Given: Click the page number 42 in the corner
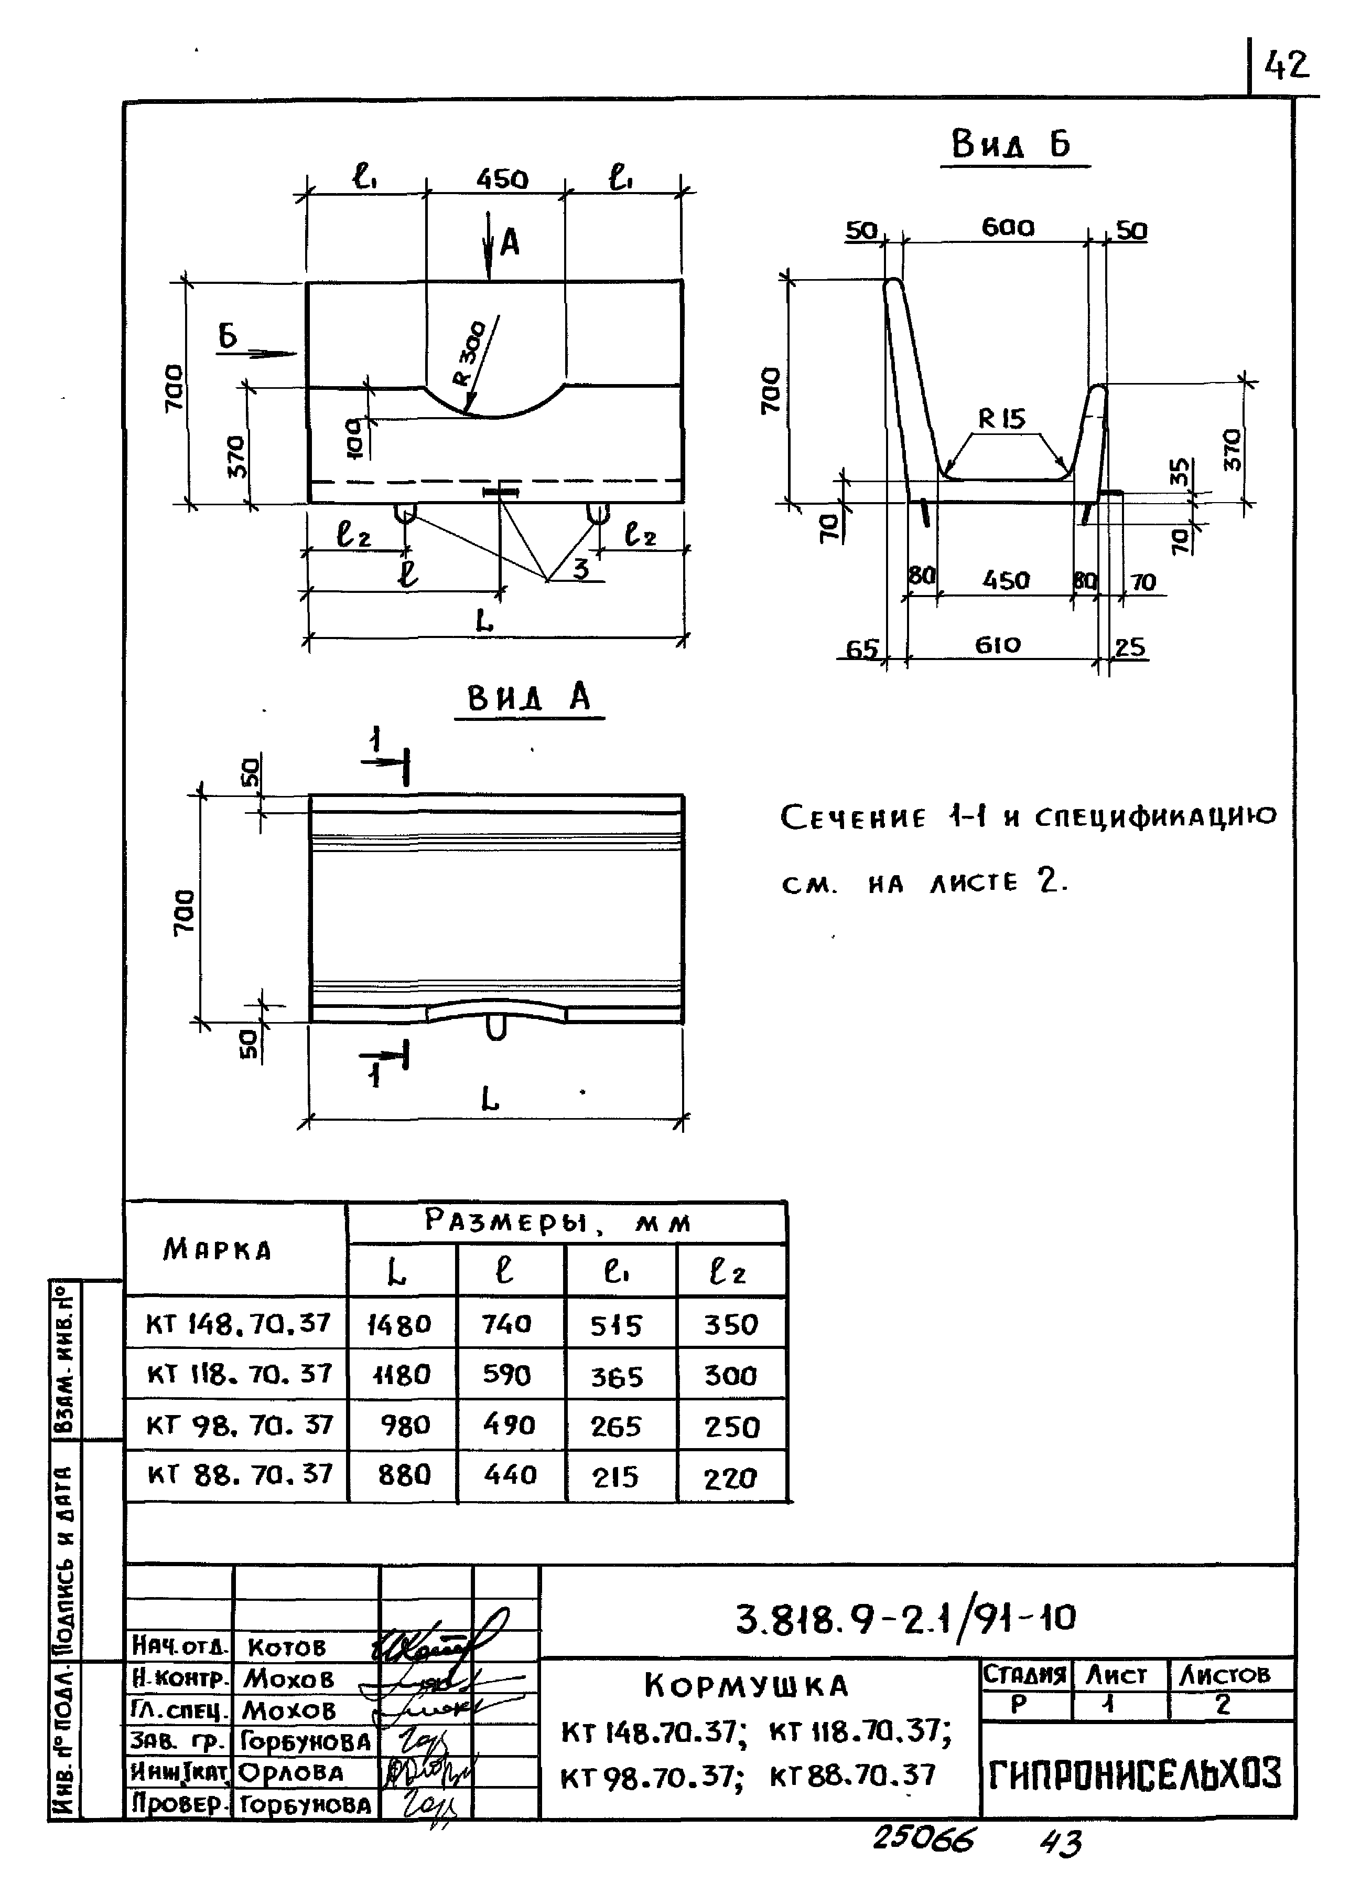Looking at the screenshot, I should (1286, 66).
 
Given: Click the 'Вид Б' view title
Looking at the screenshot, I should (1012, 145).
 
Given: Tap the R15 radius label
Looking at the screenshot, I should (1002, 418).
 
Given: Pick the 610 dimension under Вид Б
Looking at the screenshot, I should (998, 645).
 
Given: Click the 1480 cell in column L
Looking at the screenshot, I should (400, 1324).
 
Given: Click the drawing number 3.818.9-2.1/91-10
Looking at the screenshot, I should (906, 1618).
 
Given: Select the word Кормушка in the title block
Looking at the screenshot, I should (747, 1686).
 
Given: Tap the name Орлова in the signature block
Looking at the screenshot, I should (291, 1772).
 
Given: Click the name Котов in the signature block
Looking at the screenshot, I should (287, 1647).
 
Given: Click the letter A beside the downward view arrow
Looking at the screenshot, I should (510, 243).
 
